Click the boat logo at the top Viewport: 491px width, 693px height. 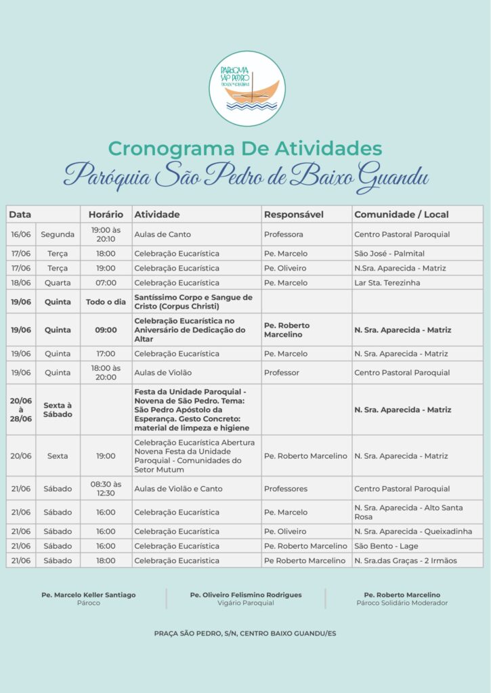pos(247,88)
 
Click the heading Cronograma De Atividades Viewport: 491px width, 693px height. pos(245,148)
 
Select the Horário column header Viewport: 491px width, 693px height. pos(106,215)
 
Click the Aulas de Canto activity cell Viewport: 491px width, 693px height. pos(163,234)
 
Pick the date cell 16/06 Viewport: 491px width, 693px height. pos(21,234)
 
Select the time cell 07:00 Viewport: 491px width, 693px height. pos(106,283)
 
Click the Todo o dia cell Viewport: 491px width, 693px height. pos(106,302)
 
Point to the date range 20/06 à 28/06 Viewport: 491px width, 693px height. pos(21,409)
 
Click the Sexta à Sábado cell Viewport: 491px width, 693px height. pos(58,409)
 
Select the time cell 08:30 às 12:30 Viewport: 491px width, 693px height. pos(106,489)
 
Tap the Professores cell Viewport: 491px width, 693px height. pos(286,489)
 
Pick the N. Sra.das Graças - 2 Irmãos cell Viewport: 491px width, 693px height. pos(406,560)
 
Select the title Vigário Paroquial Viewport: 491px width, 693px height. pos(246,603)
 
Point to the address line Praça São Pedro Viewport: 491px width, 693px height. pos(245,633)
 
